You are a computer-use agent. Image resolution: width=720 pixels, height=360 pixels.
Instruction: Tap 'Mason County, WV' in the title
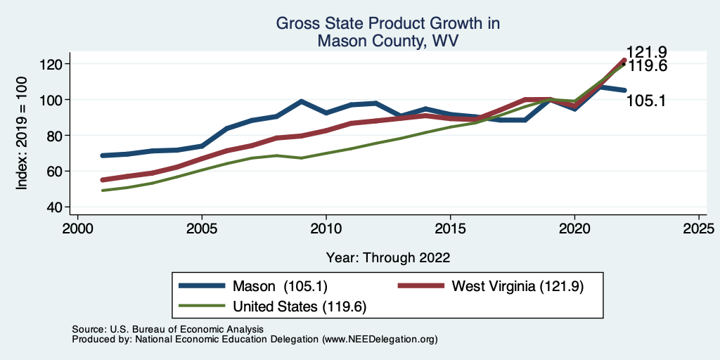[388, 41]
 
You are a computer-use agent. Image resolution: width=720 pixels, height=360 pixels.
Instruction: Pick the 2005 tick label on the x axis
[202, 229]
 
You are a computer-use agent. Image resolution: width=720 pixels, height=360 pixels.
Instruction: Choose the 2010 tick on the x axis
[326, 229]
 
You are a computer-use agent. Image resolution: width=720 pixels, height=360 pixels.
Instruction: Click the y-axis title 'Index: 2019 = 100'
[22, 135]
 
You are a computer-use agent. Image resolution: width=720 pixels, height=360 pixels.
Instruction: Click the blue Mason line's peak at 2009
[301, 101]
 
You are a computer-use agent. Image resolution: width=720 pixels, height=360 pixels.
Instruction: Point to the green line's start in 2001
[103, 191]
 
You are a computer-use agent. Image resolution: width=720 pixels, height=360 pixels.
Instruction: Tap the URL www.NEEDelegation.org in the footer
[380, 340]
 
